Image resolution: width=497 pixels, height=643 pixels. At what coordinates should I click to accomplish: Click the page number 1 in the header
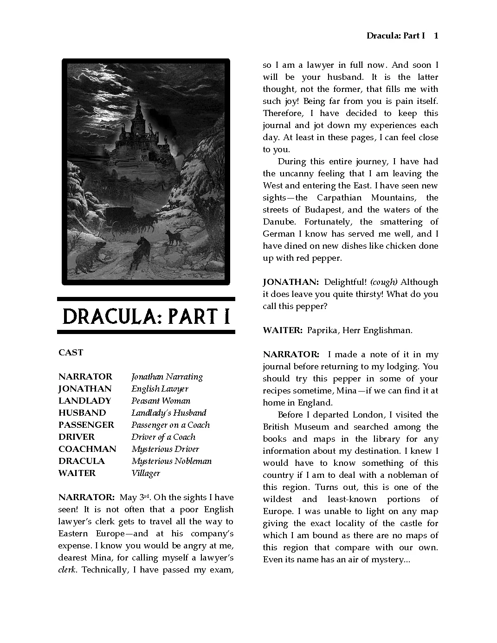click(436, 36)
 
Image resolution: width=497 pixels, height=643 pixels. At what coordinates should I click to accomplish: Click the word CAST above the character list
click(71, 353)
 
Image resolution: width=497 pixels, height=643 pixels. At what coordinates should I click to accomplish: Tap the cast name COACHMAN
click(87, 449)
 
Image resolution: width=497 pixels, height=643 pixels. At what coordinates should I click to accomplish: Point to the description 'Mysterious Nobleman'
click(171, 461)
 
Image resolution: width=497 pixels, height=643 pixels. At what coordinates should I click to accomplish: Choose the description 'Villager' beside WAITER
click(146, 473)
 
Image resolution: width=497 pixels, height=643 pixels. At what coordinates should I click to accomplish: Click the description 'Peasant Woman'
click(161, 401)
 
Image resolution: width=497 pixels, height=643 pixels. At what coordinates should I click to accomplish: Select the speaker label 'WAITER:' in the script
click(282, 330)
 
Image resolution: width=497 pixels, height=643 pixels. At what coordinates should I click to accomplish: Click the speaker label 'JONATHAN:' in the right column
click(290, 282)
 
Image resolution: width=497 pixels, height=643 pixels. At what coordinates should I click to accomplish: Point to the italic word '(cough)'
click(384, 282)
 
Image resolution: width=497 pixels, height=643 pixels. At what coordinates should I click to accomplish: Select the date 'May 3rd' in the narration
click(135, 497)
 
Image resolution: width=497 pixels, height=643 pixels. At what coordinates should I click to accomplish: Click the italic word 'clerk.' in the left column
click(67, 570)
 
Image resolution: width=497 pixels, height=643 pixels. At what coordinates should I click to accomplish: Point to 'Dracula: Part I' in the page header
click(395, 36)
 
